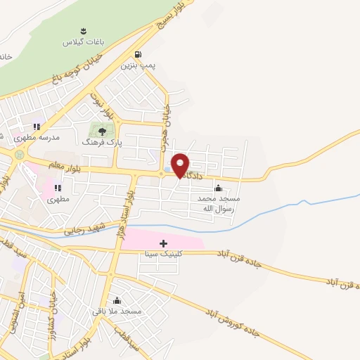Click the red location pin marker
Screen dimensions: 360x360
180,165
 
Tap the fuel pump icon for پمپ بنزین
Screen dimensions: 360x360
137,54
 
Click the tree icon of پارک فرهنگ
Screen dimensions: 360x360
103,131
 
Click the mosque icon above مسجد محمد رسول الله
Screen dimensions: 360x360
218,188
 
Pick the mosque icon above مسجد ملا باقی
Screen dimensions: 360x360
117,300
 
